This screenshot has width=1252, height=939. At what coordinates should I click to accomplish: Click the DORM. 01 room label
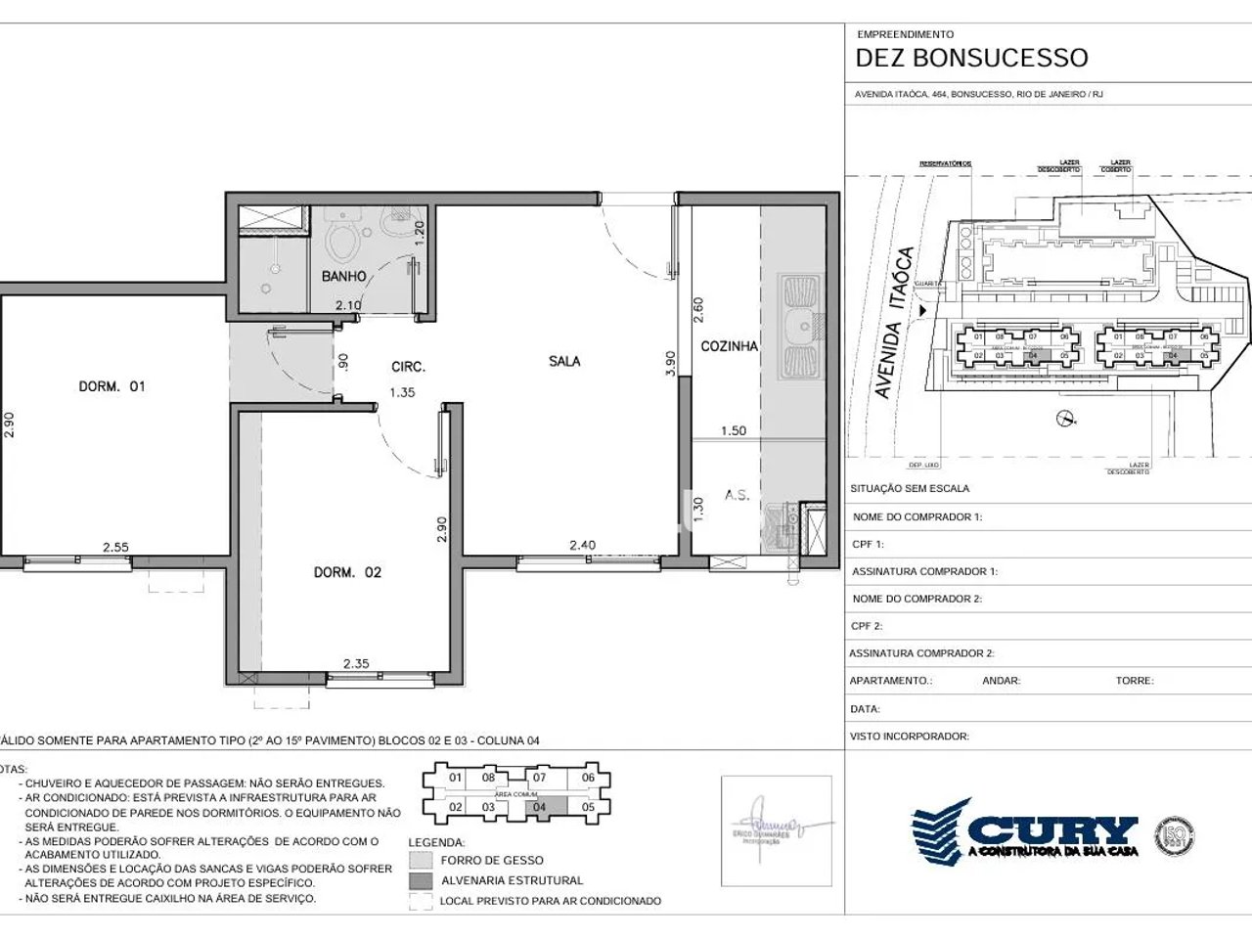pyautogui.click(x=112, y=386)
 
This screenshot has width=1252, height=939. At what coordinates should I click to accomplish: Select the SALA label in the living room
pyautogui.click(x=564, y=361)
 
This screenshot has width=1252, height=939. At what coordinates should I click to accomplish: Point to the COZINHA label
pyautogui.click(x=729, y=346)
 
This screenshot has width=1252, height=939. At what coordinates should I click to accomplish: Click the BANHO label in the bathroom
pyautogui.click(x=343, y=277)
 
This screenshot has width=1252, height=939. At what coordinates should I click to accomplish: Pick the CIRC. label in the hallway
pyautogui.click(x=408, y=367)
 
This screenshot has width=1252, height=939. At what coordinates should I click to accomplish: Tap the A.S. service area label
pyautogui.click(x=737, y=495)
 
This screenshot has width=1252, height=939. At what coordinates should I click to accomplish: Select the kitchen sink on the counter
pyautogui.click(x=801, y=328)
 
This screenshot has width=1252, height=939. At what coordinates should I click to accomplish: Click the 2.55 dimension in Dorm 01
pyautogui.click(x=115, y=548)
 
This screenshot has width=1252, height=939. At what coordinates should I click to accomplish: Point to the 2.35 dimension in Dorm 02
pyautogui.click(x=356, y=663)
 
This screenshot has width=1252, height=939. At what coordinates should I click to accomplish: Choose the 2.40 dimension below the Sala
pyautogui.click(x=583, y=546)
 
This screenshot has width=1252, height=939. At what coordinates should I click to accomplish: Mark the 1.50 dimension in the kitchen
pyautogui.click(x=733, y=430)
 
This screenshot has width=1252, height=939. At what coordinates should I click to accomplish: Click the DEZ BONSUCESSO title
pyautogui.click(x=971, y=58)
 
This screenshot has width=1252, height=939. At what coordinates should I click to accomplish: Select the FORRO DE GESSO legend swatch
pyautogui.click(x=421, y=860)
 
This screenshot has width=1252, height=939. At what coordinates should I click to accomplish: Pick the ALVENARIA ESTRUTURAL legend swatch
pyautogui.click(x=421, y=880)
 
